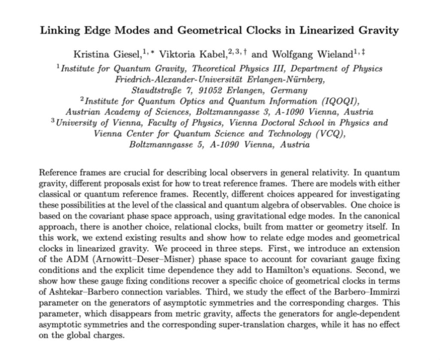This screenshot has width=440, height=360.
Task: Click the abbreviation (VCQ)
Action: coord(329,133)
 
